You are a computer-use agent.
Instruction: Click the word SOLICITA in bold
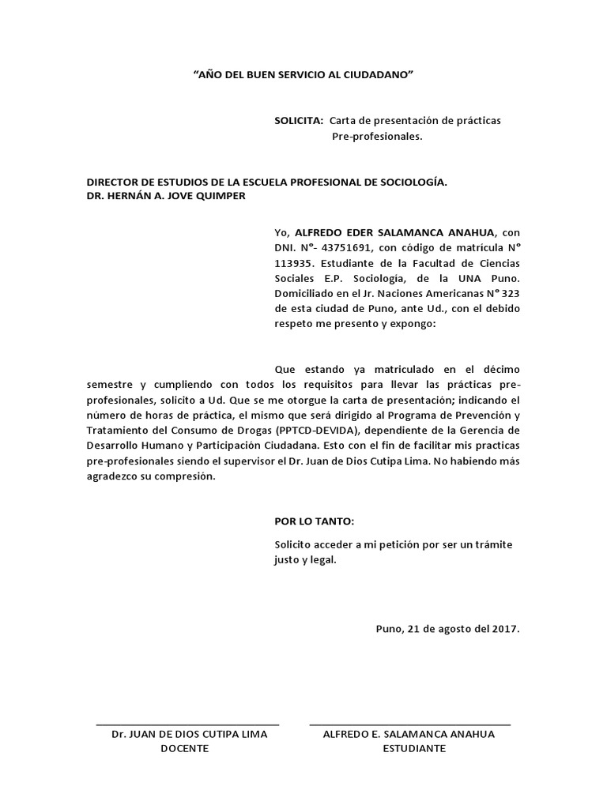coord(298,121)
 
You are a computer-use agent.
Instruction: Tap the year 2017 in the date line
coord(502,629)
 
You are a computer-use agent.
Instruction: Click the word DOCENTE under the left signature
coord(184,749)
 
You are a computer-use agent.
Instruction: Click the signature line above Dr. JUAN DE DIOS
coord(187,724)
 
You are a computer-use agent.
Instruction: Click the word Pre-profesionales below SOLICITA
coord(377,137)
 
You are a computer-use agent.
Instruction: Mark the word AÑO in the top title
coord(209,74)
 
